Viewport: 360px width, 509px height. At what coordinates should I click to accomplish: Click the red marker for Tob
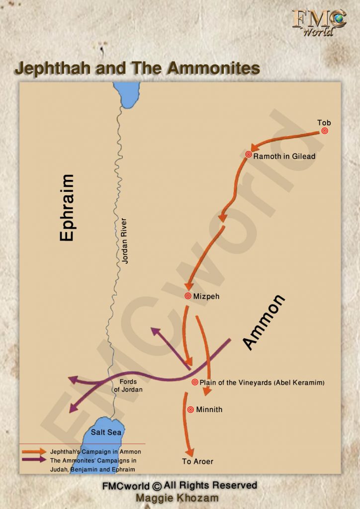point(325,131)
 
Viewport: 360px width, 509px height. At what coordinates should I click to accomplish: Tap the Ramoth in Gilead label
point(284,156)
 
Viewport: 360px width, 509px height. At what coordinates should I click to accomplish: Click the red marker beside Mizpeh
point(188,296)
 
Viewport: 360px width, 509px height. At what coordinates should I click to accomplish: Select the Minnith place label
point(209,410)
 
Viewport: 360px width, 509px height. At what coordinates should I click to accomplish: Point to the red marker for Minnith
point(190,410)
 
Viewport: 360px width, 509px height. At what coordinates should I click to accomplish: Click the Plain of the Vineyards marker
point(194,382)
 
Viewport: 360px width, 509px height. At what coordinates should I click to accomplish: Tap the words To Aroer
point(197,461)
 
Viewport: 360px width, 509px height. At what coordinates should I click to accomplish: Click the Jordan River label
point(125,241)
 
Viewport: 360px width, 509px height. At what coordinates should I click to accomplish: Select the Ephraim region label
point(67,208)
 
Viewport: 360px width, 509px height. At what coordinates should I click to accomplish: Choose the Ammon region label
point(264,322)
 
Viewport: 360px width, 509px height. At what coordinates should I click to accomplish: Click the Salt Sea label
point(106,432)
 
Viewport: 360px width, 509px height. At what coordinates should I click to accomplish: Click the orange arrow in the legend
point(34,452)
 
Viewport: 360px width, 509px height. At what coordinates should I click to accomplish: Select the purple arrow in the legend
point(34,460)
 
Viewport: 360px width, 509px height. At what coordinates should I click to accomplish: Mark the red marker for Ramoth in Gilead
point(248,155)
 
